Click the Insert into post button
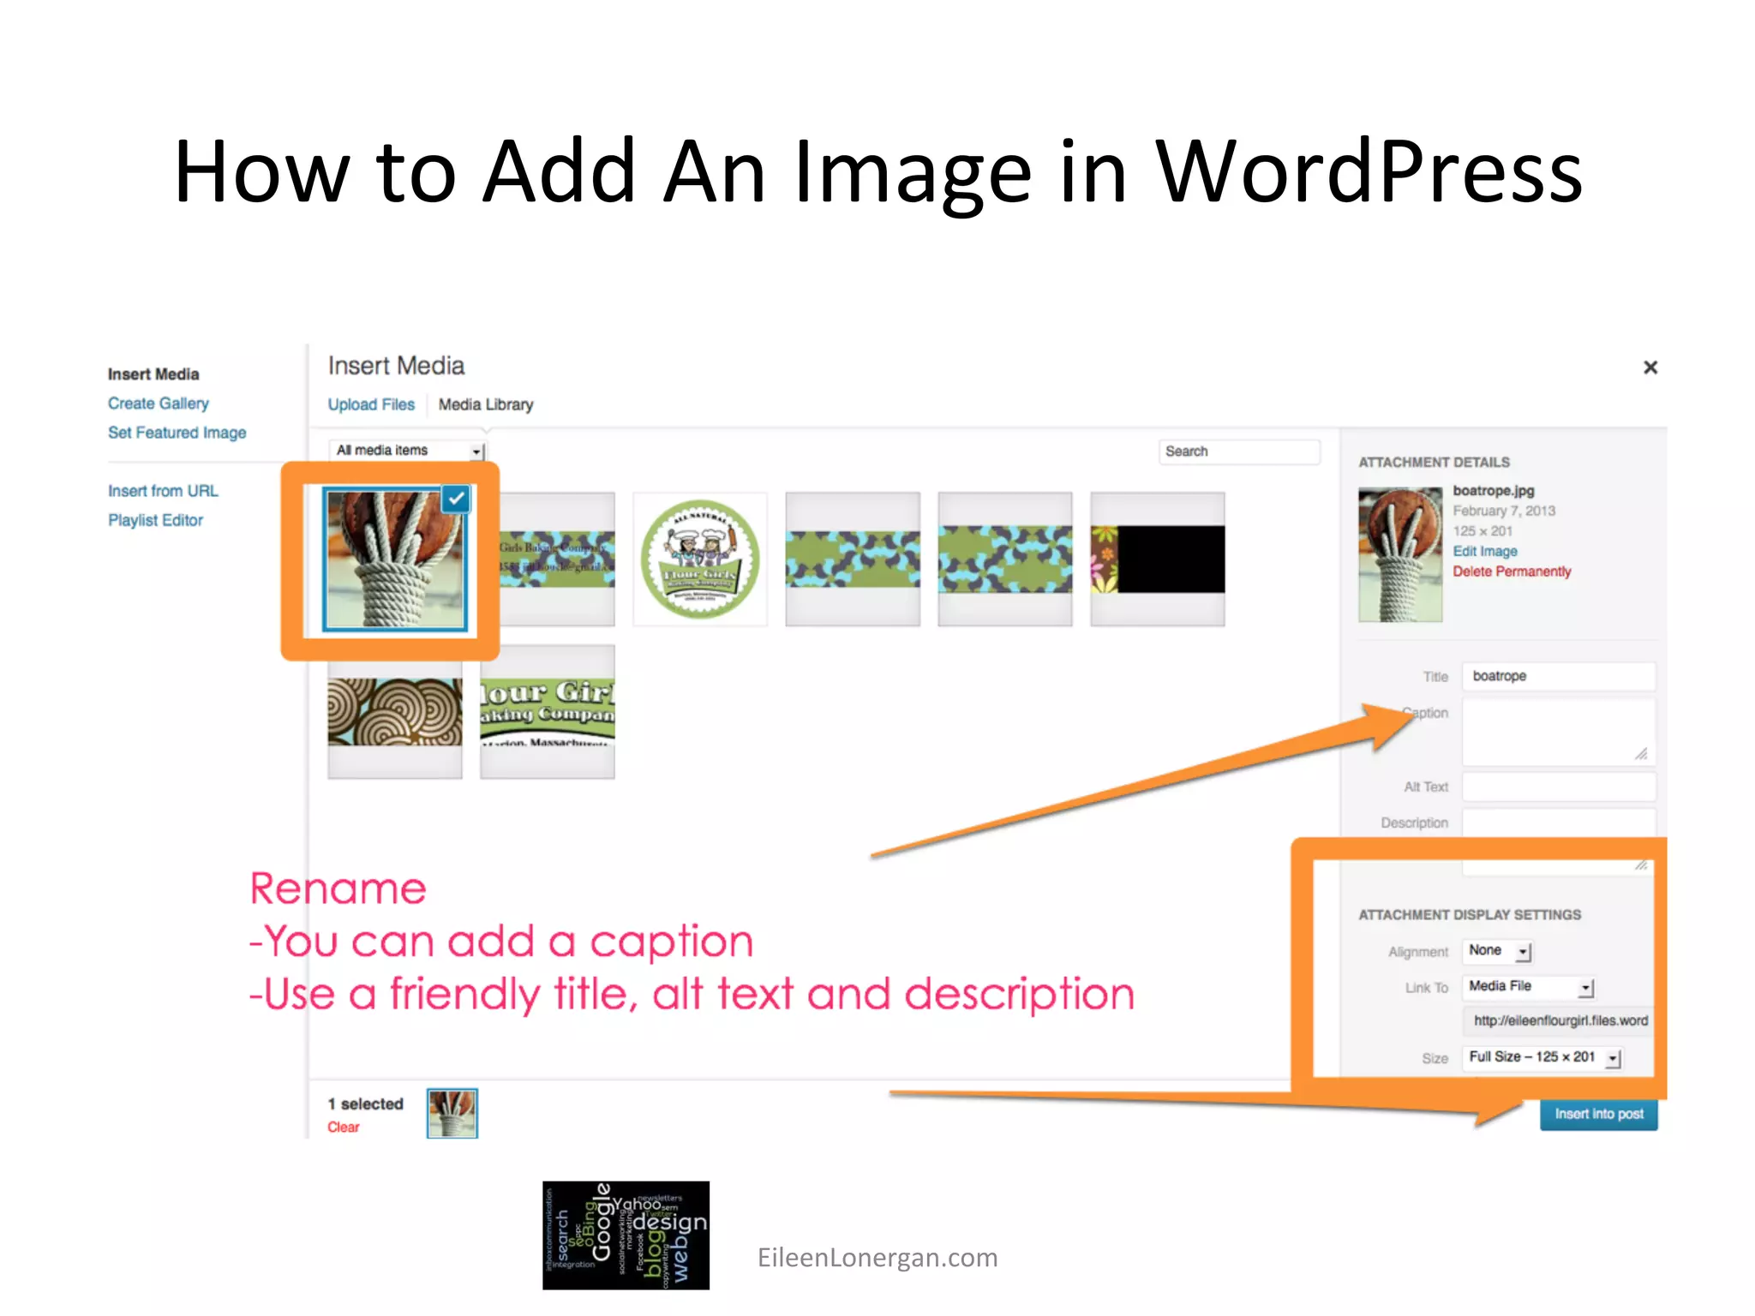[x=1598, y=1114]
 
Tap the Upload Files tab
[x=370, y=404]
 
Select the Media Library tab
[x=485, y=404]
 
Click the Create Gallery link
[x=158, y=404]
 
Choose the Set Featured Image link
[x=177, y=433]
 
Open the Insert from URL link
[x=163, y=491]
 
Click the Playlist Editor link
[x=155, y=520]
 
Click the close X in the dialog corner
[x=1650, y=368]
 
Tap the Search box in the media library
[x=1238, y=452]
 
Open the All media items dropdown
[x=407, y=451]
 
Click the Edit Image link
[x=1484, y=551]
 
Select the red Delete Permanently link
[x=1512, y=571]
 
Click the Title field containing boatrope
[x=1558, y=676]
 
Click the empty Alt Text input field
[x=1558, y=787]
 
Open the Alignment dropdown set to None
[x=1498, y=951]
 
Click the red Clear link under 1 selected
[x=343, y=1128]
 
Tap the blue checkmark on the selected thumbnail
[x=456, y=499]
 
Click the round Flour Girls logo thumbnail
[x=700, y=559]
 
